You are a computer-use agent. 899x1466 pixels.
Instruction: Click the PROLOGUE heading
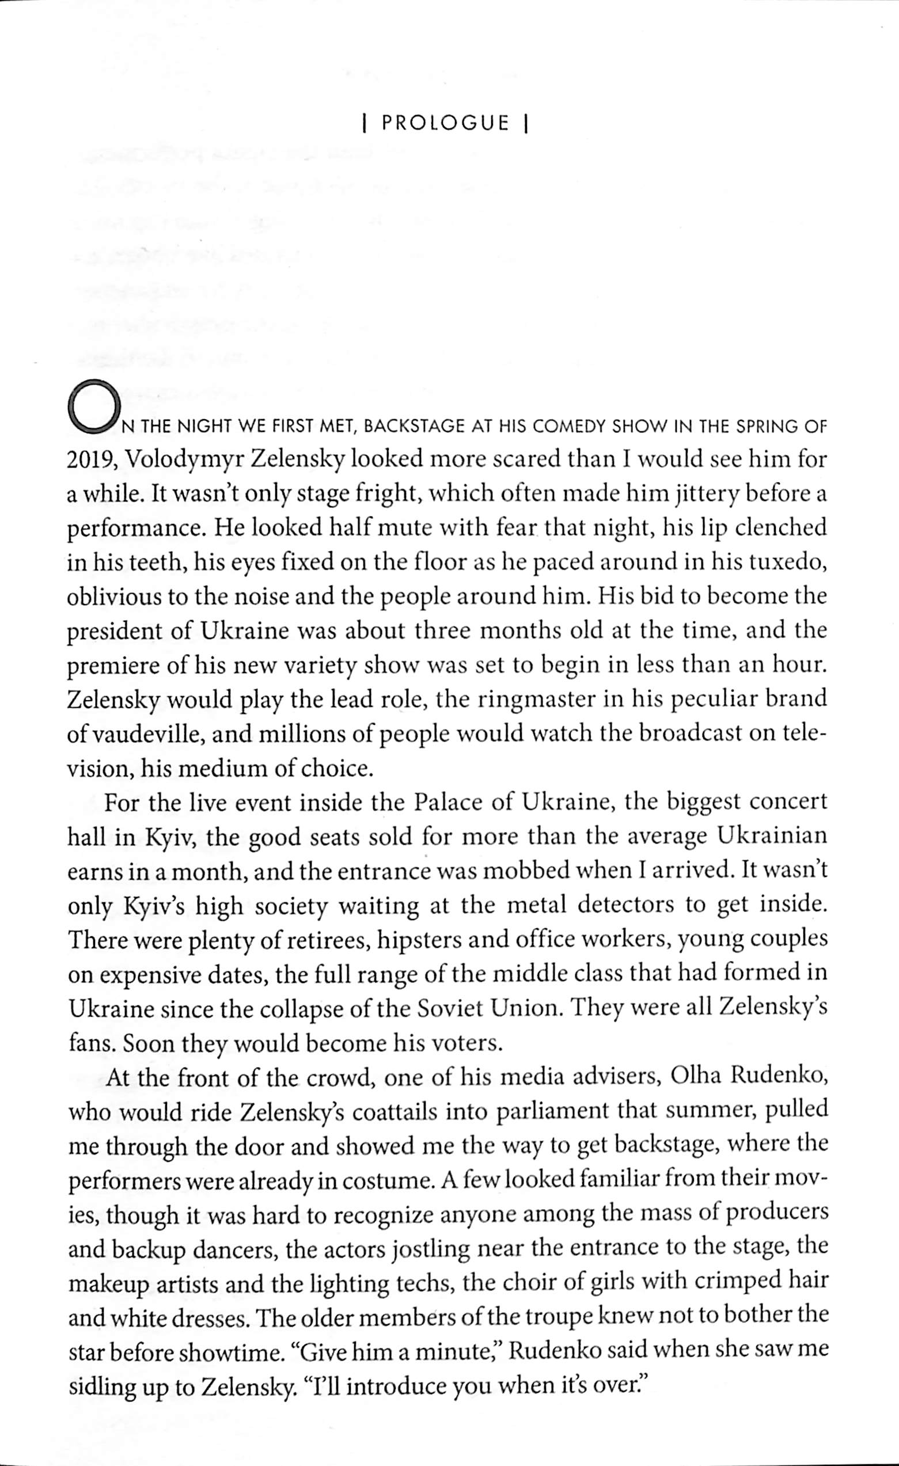(446, 123)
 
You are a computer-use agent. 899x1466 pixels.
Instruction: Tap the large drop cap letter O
(94, 407)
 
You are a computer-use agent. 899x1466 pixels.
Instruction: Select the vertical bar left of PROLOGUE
(364, 123)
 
